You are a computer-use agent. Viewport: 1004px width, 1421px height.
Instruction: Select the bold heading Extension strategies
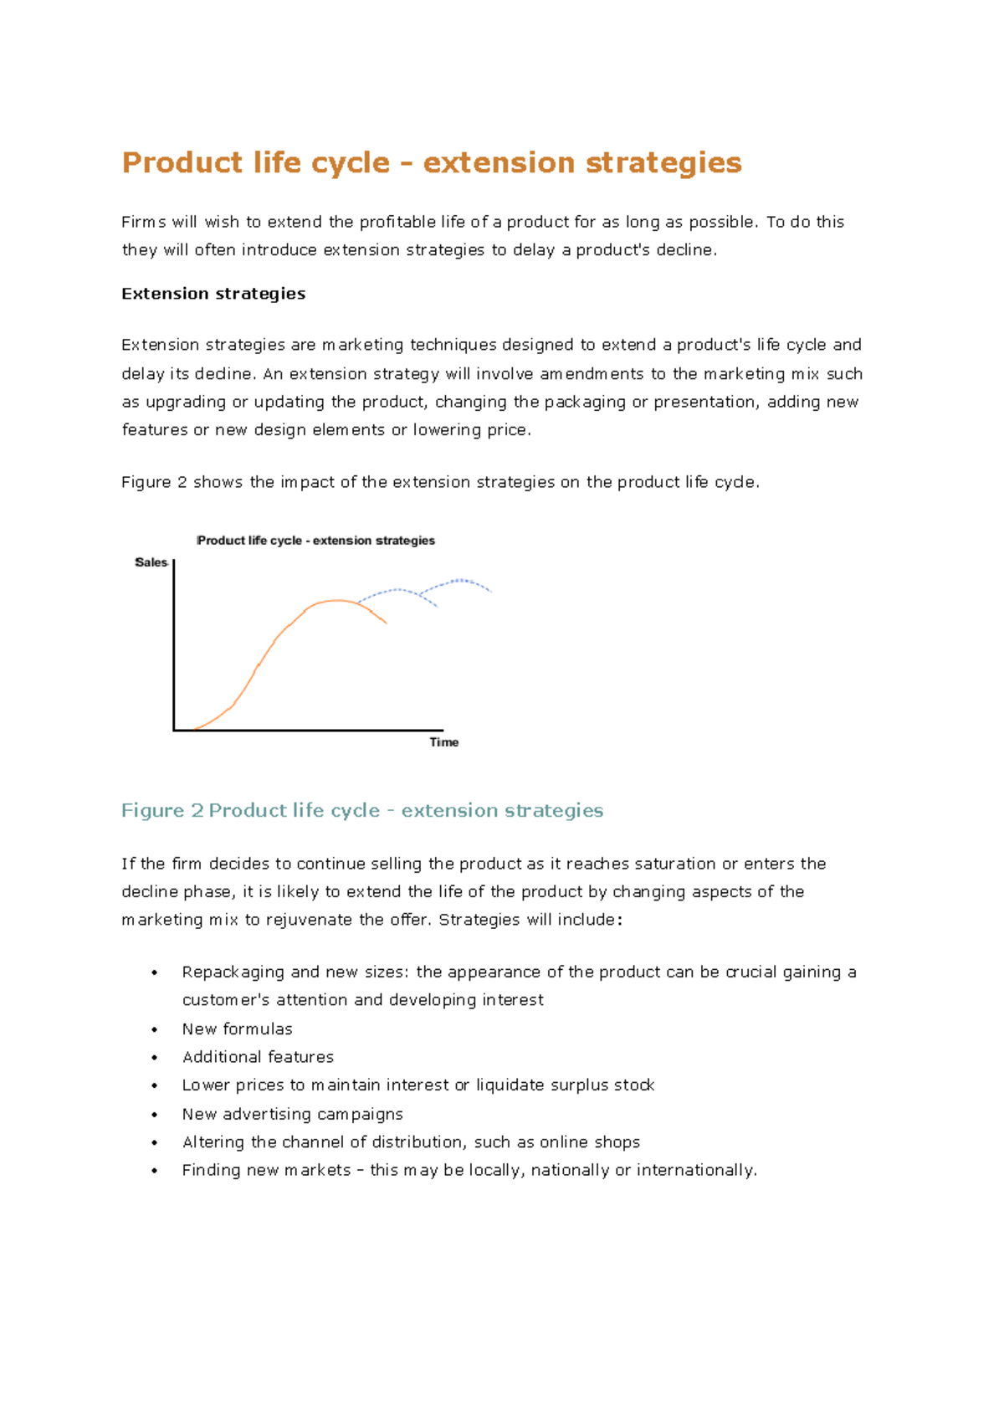tap(213, 294)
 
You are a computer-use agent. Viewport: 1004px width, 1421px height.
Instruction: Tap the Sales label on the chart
tap(151, 562)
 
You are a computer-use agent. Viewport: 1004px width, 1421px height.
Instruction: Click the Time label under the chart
tap(443, 742)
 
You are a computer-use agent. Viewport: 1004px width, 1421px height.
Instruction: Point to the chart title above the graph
tap(315, 541)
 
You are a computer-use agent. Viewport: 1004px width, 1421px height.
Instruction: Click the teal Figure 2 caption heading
tap(361, 810)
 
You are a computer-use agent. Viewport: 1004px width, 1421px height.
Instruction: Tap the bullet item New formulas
tap(237, 1029)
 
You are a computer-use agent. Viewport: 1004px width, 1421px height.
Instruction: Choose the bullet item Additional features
tap(258, 1057)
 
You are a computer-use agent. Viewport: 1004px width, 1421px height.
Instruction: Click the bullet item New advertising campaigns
tap(292, 1114)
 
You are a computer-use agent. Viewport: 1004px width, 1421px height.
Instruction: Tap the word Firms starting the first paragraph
tap(143, 222)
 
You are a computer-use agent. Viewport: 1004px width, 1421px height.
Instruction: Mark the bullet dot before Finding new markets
tap(155, 1171)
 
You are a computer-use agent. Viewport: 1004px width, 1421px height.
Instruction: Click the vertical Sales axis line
tap(173, 644)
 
